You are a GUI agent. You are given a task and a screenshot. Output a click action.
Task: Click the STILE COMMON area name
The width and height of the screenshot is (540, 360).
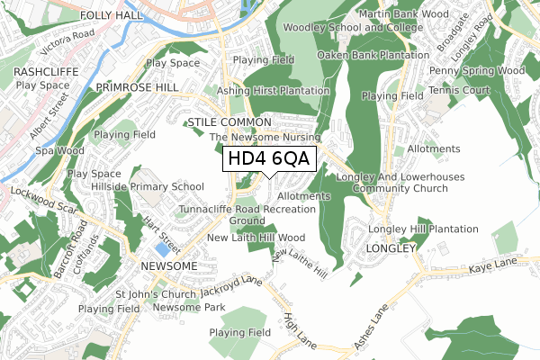click(229, 121)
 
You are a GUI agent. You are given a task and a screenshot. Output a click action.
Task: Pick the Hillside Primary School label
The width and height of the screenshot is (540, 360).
click(148, 186)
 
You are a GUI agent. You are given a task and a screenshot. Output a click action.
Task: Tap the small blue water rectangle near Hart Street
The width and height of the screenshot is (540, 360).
click(161, 247)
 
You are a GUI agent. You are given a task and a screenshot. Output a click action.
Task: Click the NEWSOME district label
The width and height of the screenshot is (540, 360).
click(169, 267)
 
